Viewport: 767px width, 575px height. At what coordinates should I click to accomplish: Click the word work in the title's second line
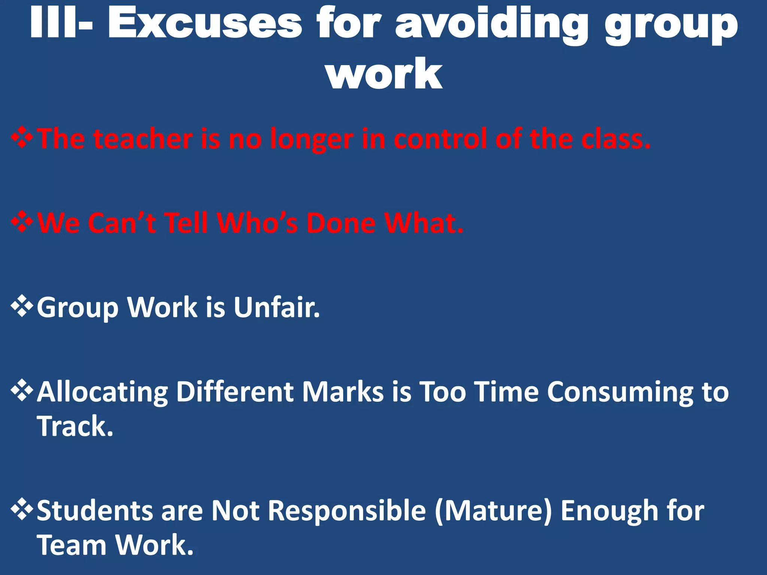click(x=385, y=74)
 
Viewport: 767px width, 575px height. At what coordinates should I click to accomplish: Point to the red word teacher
click(x=143, y=139)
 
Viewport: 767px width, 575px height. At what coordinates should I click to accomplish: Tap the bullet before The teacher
click(x=22, y=138)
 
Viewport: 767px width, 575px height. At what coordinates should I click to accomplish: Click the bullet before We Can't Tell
click(x=22, y=222)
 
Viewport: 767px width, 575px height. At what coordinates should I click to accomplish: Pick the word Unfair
click(x=277, y=307)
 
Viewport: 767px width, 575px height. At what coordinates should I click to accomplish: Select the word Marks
click(x=343, y=392)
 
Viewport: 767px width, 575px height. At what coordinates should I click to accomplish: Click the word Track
click(x=75, y=426)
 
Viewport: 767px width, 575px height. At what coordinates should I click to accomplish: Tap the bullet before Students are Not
click(x=22, y=509)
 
